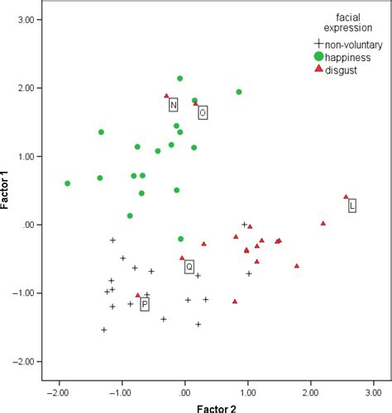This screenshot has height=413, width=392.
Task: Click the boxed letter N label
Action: (174, 105)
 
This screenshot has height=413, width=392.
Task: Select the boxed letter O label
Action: (203, 112)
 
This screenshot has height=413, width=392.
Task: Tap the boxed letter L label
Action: (352, 206)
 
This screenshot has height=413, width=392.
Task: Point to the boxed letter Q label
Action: (189, 267)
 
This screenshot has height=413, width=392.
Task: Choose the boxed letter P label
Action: (145, 305)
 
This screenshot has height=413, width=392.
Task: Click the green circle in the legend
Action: (318, 56)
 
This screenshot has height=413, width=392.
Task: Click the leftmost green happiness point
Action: (68, 183)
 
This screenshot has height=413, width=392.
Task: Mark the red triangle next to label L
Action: (346, 197)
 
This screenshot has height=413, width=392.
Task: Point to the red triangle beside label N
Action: (166, 96)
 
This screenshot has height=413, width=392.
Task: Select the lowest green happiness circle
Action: (181, 239)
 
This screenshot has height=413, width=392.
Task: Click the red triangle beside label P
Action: (138, 295)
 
